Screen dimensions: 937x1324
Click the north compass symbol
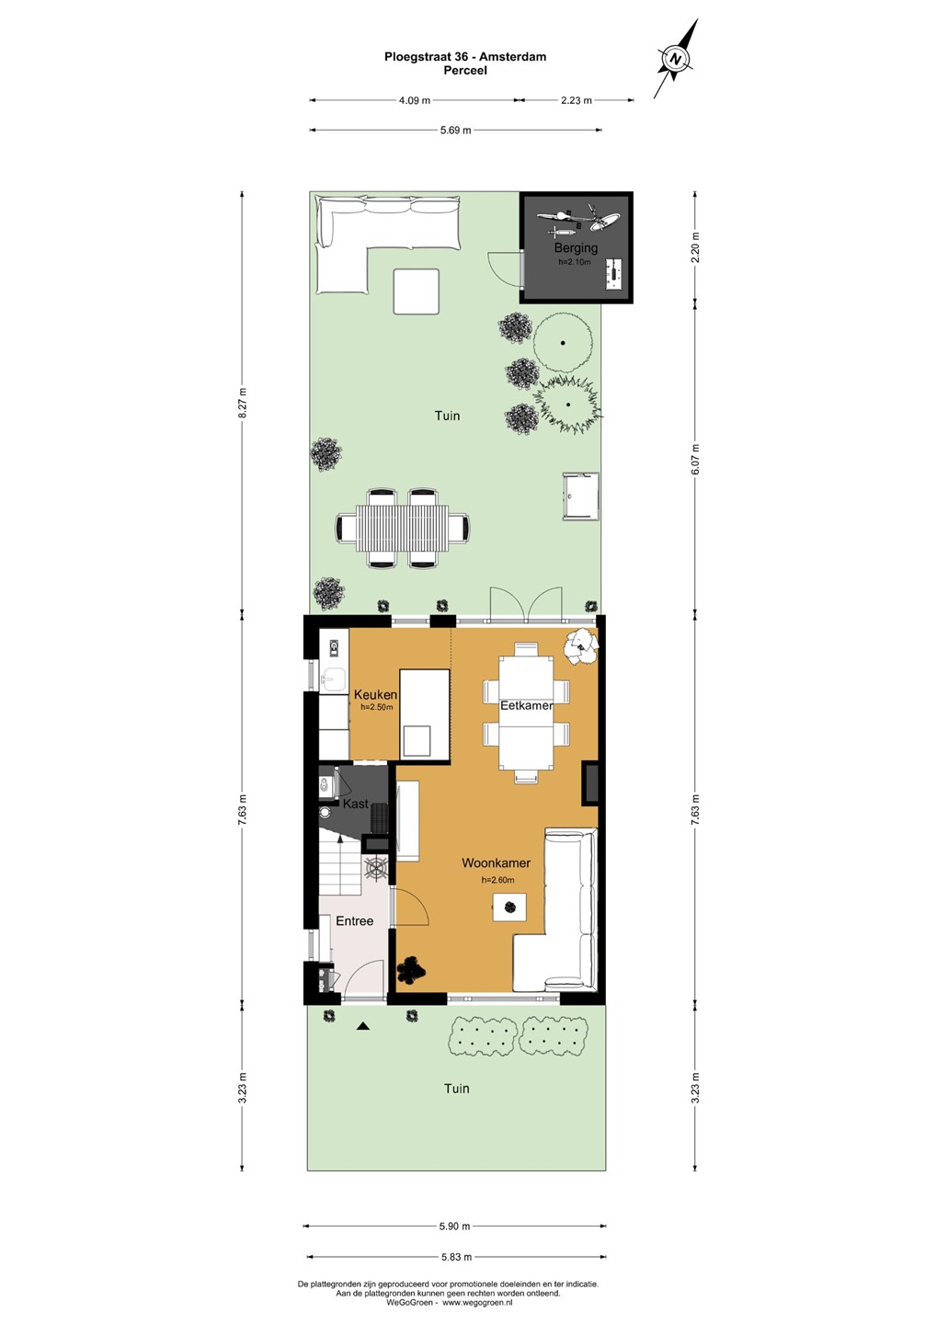pyautogui.click(x=676, y=59)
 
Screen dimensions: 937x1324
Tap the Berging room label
pyautogui.click(x=576, y=247)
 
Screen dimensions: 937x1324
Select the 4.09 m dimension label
pyautogui.click(x=414, y=100)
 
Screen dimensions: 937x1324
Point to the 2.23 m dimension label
pyautogui.click(x=576, y=100)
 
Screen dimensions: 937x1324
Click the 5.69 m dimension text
pyautogui.click(x=455, y=131)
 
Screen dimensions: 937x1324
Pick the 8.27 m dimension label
pyautogui.click(x=242, y=403)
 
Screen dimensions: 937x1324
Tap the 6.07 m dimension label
pyautogui.click(x=696, y=460)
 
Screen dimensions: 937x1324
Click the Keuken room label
pyautogui.click(x=375, y=695)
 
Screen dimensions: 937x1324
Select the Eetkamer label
pyautogui.click(x=527, y=705)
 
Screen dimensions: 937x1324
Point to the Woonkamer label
pyautogui.click(x=496, y=863)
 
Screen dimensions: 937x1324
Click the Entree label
pyautogui.click(x=355, y=921)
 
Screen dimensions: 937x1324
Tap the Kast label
pyautogui.click(x=355, y=804)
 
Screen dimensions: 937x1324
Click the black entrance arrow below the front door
pyautogui.click(x=363, y=1027)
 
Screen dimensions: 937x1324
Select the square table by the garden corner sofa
pyautogui.click(x=417, y=291)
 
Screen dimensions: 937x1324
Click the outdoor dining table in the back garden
pyautogui.click(x=402, y=527)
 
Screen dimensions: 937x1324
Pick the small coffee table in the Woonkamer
pyautogui.click(x=509, y=907)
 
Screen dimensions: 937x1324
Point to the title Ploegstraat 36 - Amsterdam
pyautogui.click(x=465, y=57)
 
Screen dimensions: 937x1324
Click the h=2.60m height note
pyautogui.click(x=497, y=880)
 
